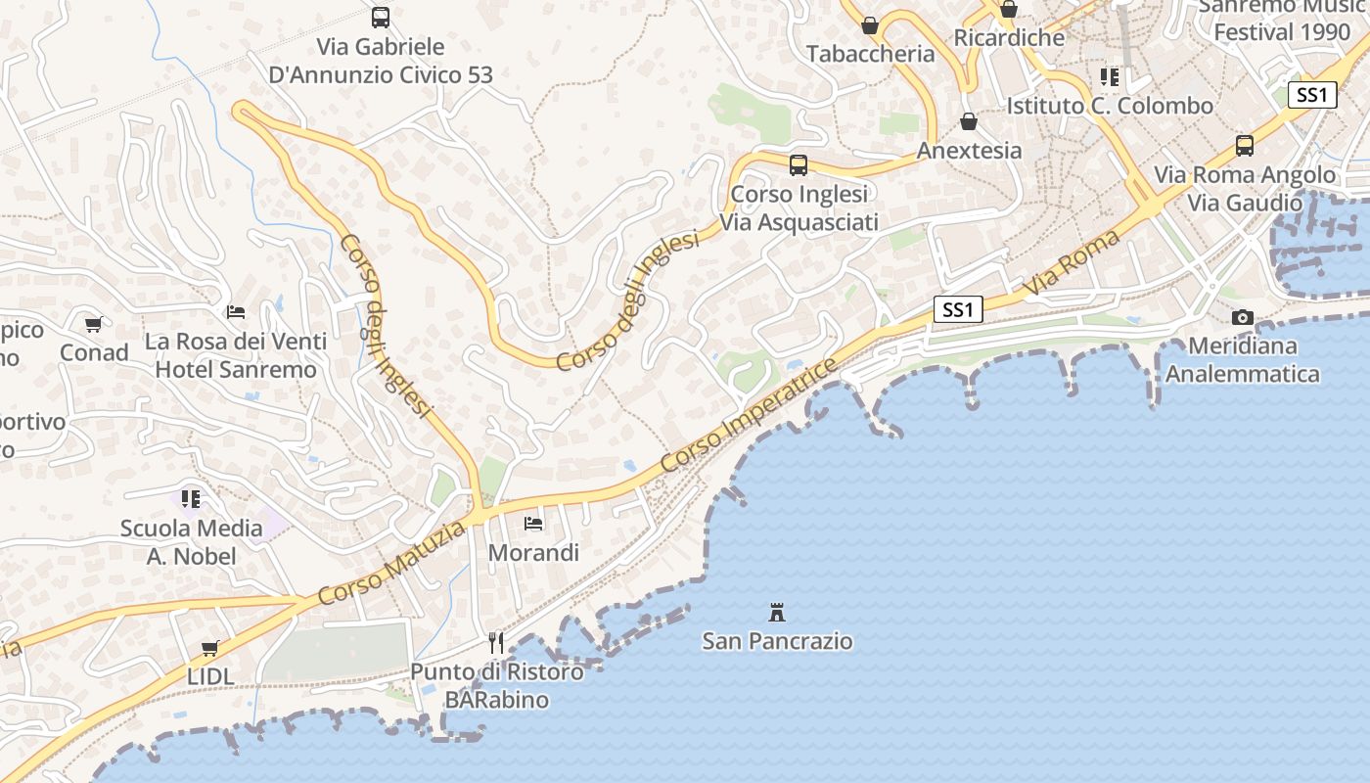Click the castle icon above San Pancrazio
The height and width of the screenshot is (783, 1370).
tap(777, 614)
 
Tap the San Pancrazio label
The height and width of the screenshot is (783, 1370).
tap(777, 642)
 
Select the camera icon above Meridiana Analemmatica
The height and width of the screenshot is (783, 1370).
tap(1243, 317)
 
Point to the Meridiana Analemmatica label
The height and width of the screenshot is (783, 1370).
tap(1242, 360)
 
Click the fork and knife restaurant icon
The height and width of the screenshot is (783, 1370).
tap(496, 643)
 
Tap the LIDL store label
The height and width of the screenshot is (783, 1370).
tap(210, 676)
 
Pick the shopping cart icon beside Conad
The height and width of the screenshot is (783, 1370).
tap(94, 324)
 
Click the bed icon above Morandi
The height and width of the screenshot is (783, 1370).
tap(533, 524)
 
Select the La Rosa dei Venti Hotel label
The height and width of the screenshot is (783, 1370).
tap(236, 356)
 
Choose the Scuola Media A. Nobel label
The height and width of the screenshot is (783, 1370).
tap(192, 542)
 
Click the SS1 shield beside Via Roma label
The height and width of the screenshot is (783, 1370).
tap(957, 310)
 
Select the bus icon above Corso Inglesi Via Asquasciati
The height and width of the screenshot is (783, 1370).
tap(799, 164)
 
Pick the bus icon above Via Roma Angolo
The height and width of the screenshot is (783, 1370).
tap(1245, 146)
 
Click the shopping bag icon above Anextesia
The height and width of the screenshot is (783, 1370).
tap(969, 121)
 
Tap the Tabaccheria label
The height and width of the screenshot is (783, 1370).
tap(870, 55)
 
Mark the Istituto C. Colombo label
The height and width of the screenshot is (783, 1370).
tap(1110, 106)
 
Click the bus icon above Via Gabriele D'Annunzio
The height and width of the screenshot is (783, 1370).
tap(381, 17)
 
